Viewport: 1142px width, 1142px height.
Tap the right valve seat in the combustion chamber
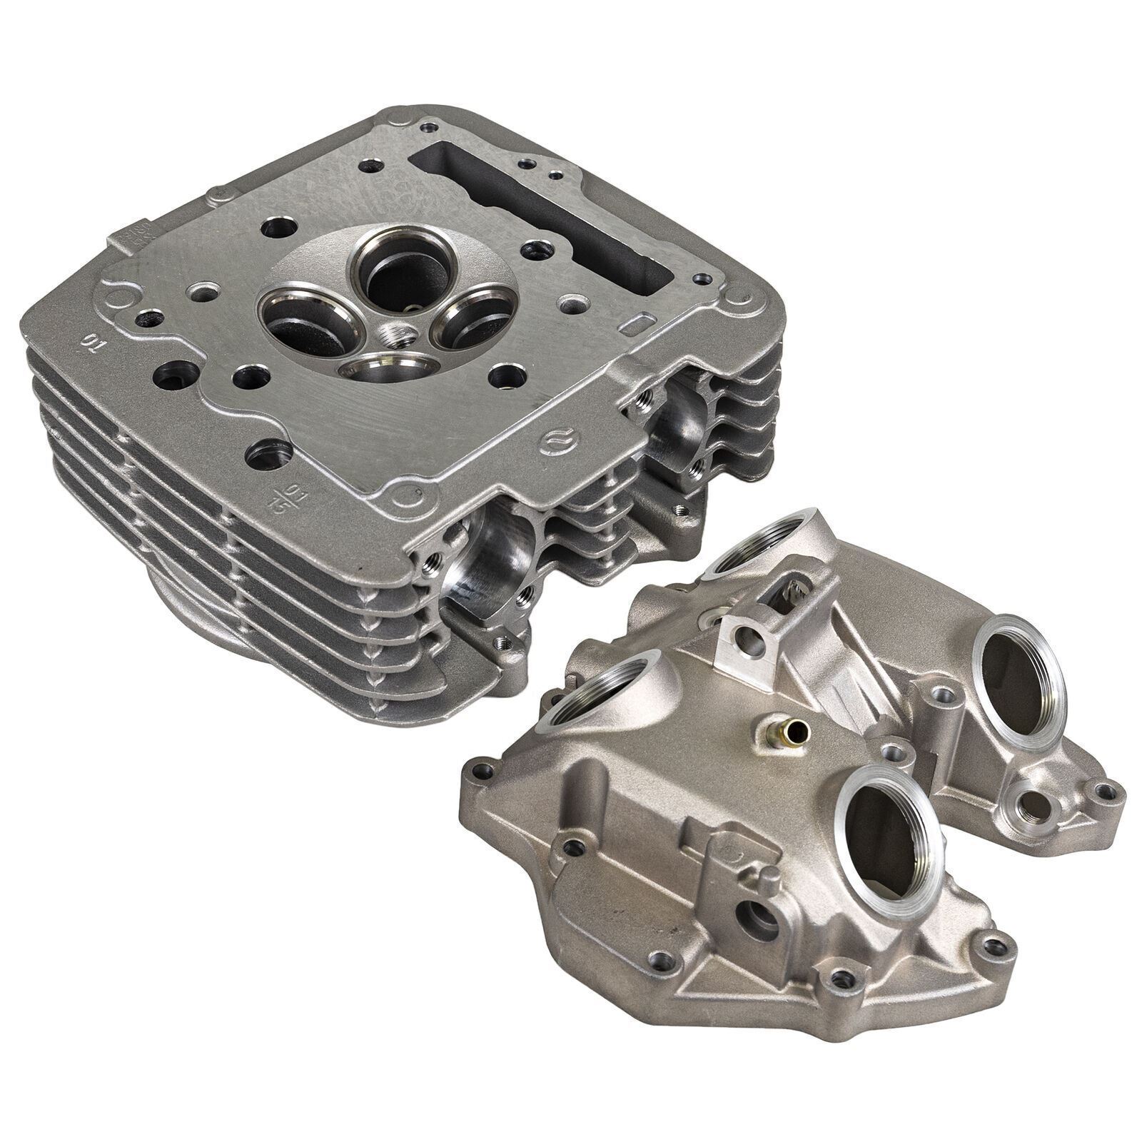click(x=468, y=318)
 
